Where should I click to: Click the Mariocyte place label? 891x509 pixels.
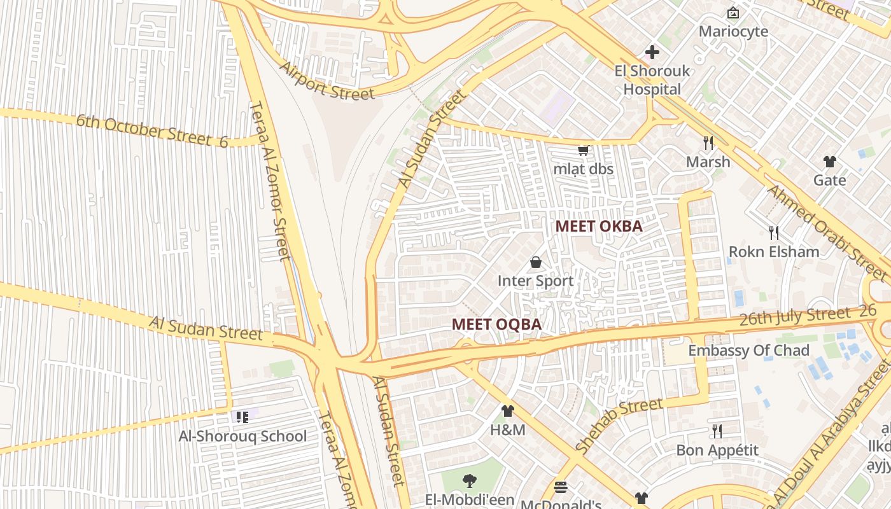[x=733, y=31]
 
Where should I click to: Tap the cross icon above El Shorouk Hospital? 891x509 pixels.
[x=652, y=52]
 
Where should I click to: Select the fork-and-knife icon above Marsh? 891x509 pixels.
[x=708, y=143]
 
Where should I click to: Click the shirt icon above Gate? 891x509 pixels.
[x=829, y=161]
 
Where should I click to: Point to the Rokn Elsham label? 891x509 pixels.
[x=774, y=251]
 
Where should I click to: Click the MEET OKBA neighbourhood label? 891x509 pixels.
[x=598, y=226]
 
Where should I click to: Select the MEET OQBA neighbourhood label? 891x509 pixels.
[x=496, y=324]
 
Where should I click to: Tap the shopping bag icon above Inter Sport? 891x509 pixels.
[x=536, y=262]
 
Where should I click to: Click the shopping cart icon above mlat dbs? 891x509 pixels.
[x=583, y=151]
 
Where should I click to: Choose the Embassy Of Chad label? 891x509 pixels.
[x=748, y=351]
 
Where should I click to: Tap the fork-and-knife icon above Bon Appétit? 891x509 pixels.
[x=717, y=431]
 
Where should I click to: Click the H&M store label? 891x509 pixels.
[x=507, y=430]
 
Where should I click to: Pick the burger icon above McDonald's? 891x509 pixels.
[x=561, y=487]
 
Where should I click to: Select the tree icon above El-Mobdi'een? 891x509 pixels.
[x=470, y=481]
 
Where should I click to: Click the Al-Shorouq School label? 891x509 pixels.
[x=242, y=436]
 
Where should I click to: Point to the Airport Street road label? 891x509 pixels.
[x=327, y=81]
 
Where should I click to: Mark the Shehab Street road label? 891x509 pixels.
[x=618, y=425]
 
